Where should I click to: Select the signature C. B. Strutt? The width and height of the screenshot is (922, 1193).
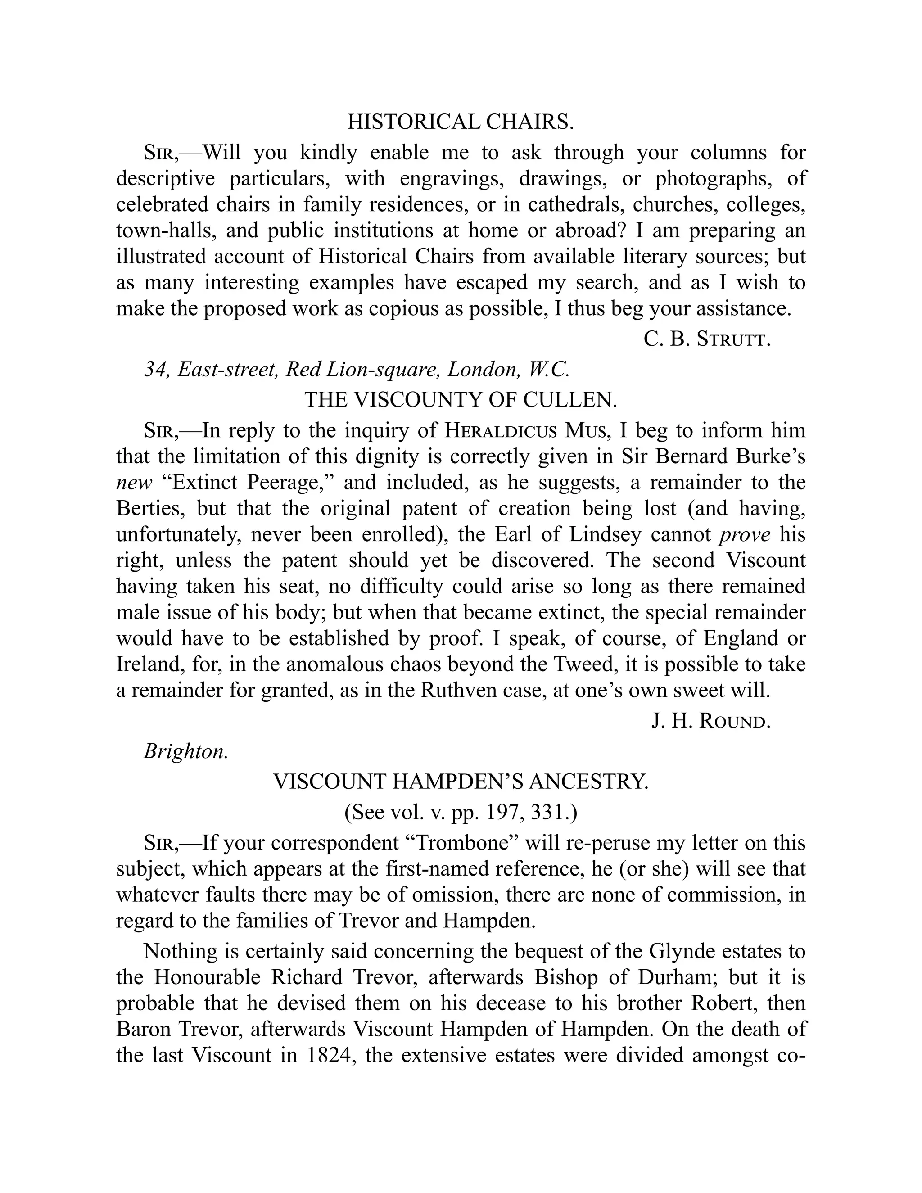[707, 339]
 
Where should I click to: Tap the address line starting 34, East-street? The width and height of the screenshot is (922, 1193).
[357, 370]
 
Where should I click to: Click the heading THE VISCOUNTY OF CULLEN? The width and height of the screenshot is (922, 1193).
[461, 400]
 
